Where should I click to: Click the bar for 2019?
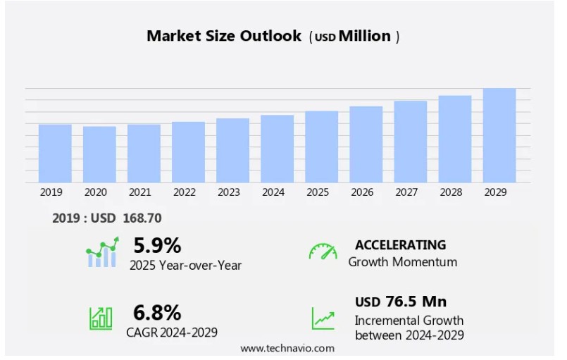point(55,154)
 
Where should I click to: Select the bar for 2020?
point(99,154)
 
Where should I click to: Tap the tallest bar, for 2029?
point(499,135)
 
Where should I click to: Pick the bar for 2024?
point(277,149)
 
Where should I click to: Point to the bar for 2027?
point(410,142)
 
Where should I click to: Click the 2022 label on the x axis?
point(184,192)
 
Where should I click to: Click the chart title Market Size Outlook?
point(224,36)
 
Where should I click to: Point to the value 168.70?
point(142,218)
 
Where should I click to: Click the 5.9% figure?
point(157,245)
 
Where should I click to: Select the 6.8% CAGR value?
point(157,312)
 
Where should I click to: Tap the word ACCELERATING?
point(400,245)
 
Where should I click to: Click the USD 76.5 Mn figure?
point(400,302)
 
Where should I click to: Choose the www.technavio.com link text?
point(287,349)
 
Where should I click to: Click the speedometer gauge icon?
point(323,252)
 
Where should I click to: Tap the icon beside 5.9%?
point(102,252)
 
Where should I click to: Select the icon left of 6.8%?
point(101,318)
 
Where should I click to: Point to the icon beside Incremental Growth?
point(323,318)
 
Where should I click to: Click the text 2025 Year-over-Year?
point(185,265)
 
